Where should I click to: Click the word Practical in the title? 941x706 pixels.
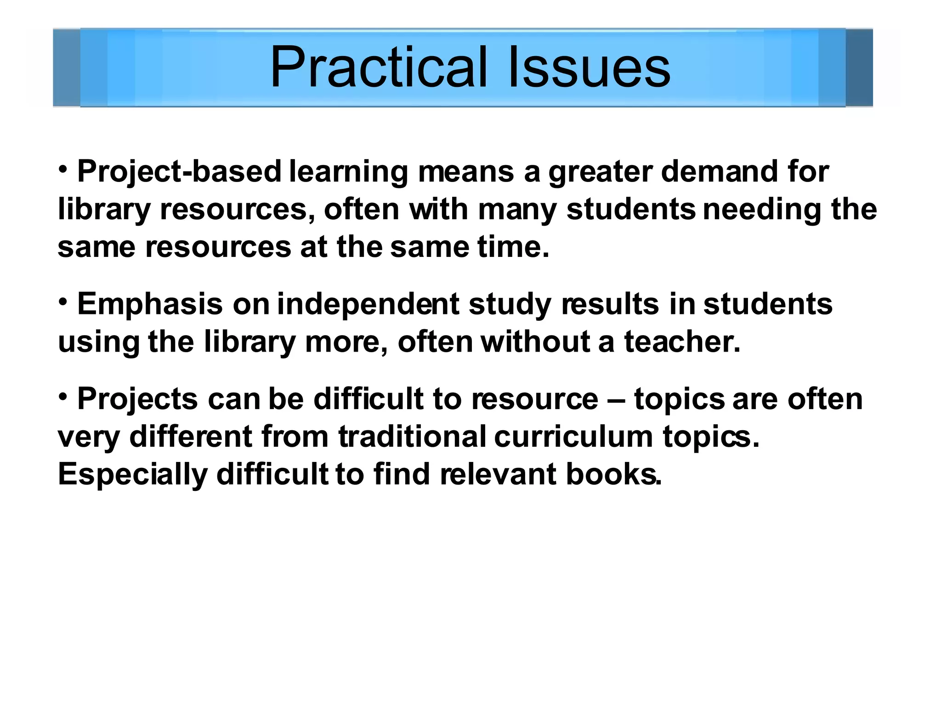coord(378,68)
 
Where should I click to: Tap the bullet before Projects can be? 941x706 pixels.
coord(63,397)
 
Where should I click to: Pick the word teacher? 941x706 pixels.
coord(682,342)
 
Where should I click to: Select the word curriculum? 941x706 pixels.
coord(573,437)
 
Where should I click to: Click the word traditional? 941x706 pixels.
coord(412,437)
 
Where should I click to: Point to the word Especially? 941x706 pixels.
coord(132,475)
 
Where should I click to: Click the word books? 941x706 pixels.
coord(613,474)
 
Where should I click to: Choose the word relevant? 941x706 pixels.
coord(498,474)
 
